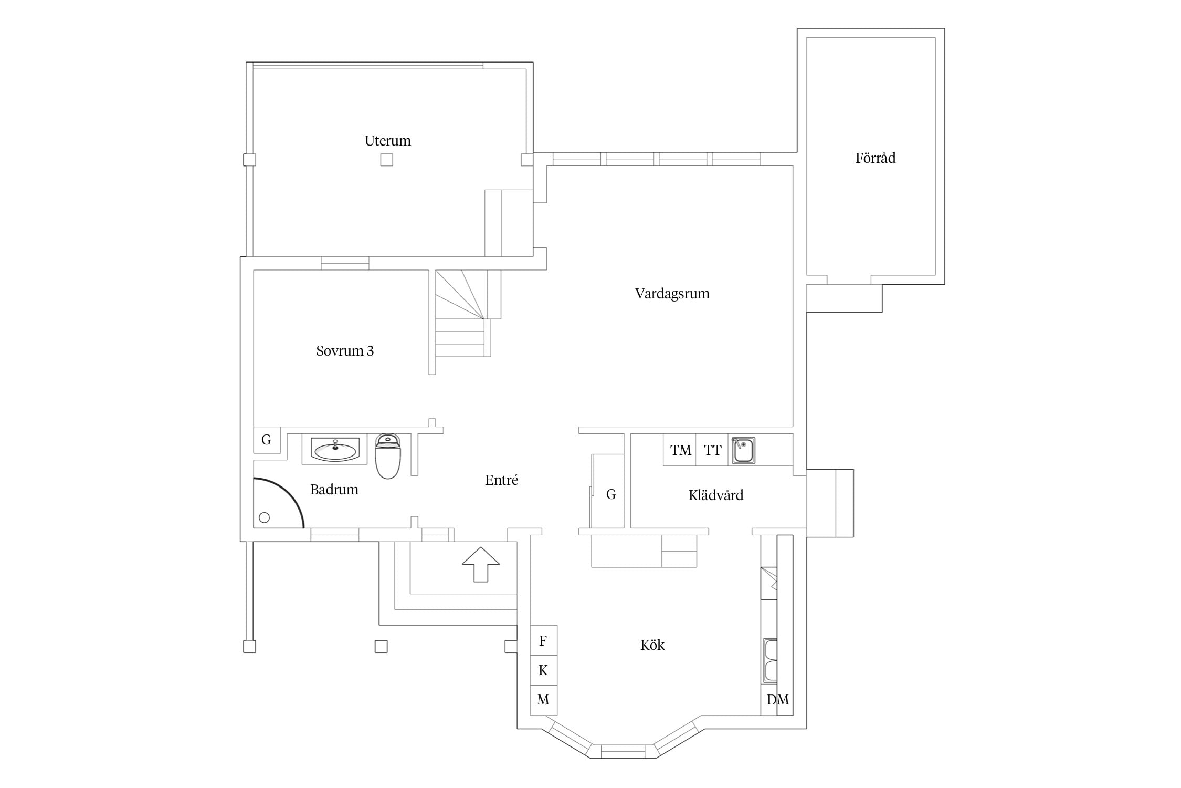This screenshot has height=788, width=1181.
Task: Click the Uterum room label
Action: point(387,141)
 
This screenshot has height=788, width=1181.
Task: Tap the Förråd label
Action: point(875,158)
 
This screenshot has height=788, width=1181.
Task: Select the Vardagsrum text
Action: point(672,294)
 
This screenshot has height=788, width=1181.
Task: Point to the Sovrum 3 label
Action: point(345,351)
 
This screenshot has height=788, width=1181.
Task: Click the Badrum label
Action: point(334,490)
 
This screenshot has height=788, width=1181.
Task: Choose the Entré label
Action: point(501,480)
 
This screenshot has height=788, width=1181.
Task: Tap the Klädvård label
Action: point(716,495)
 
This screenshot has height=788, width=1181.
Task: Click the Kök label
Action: point(652,645)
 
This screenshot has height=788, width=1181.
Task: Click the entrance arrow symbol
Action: point(481,564)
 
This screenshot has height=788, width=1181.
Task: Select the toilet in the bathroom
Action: point(388,456)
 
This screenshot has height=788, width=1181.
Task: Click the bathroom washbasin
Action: point(335,450)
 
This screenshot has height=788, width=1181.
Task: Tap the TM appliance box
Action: point(680,450)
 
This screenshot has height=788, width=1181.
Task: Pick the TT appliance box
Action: point(712,450)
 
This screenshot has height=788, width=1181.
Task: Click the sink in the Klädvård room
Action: point(743,450)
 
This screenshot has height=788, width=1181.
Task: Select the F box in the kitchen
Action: point(544,640)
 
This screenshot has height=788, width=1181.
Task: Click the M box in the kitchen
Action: point(544,700)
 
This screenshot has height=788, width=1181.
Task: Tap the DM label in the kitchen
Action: point(777,700)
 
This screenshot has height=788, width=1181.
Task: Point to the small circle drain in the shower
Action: point(265,517)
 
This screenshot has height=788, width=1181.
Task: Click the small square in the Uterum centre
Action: point(387,160)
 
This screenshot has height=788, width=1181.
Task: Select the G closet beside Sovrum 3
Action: point(267,440)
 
